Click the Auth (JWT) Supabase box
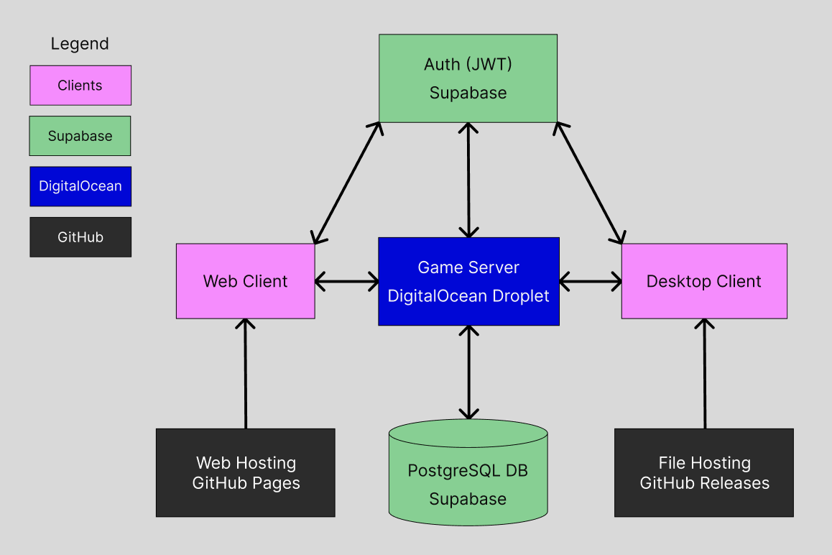(x=468, y=78)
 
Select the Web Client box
(x=245, y=281)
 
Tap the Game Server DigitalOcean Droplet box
(x=468, y=281)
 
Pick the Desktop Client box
(x=703, y=281)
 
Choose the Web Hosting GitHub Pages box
(x=245, y=472)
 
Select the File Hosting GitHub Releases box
(x=703, y=472)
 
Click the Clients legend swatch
(x=80, y=86)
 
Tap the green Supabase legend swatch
(x=80, y=136)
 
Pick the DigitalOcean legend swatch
(x=80, y=186)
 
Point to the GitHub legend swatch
(x=80, y=237)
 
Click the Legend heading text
(x=80, y=44)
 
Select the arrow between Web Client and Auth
(x=347, y=183)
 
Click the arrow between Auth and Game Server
(x=468, y=180)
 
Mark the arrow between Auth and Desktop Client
(x=589, y=183)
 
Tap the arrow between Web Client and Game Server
(x=346, y=281)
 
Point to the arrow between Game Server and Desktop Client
(x=590, y=281)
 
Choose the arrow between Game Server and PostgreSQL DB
(x=468, y=372)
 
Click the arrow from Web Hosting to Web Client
(x=246, y=374)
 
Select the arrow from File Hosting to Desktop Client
(x=704, y=374)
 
